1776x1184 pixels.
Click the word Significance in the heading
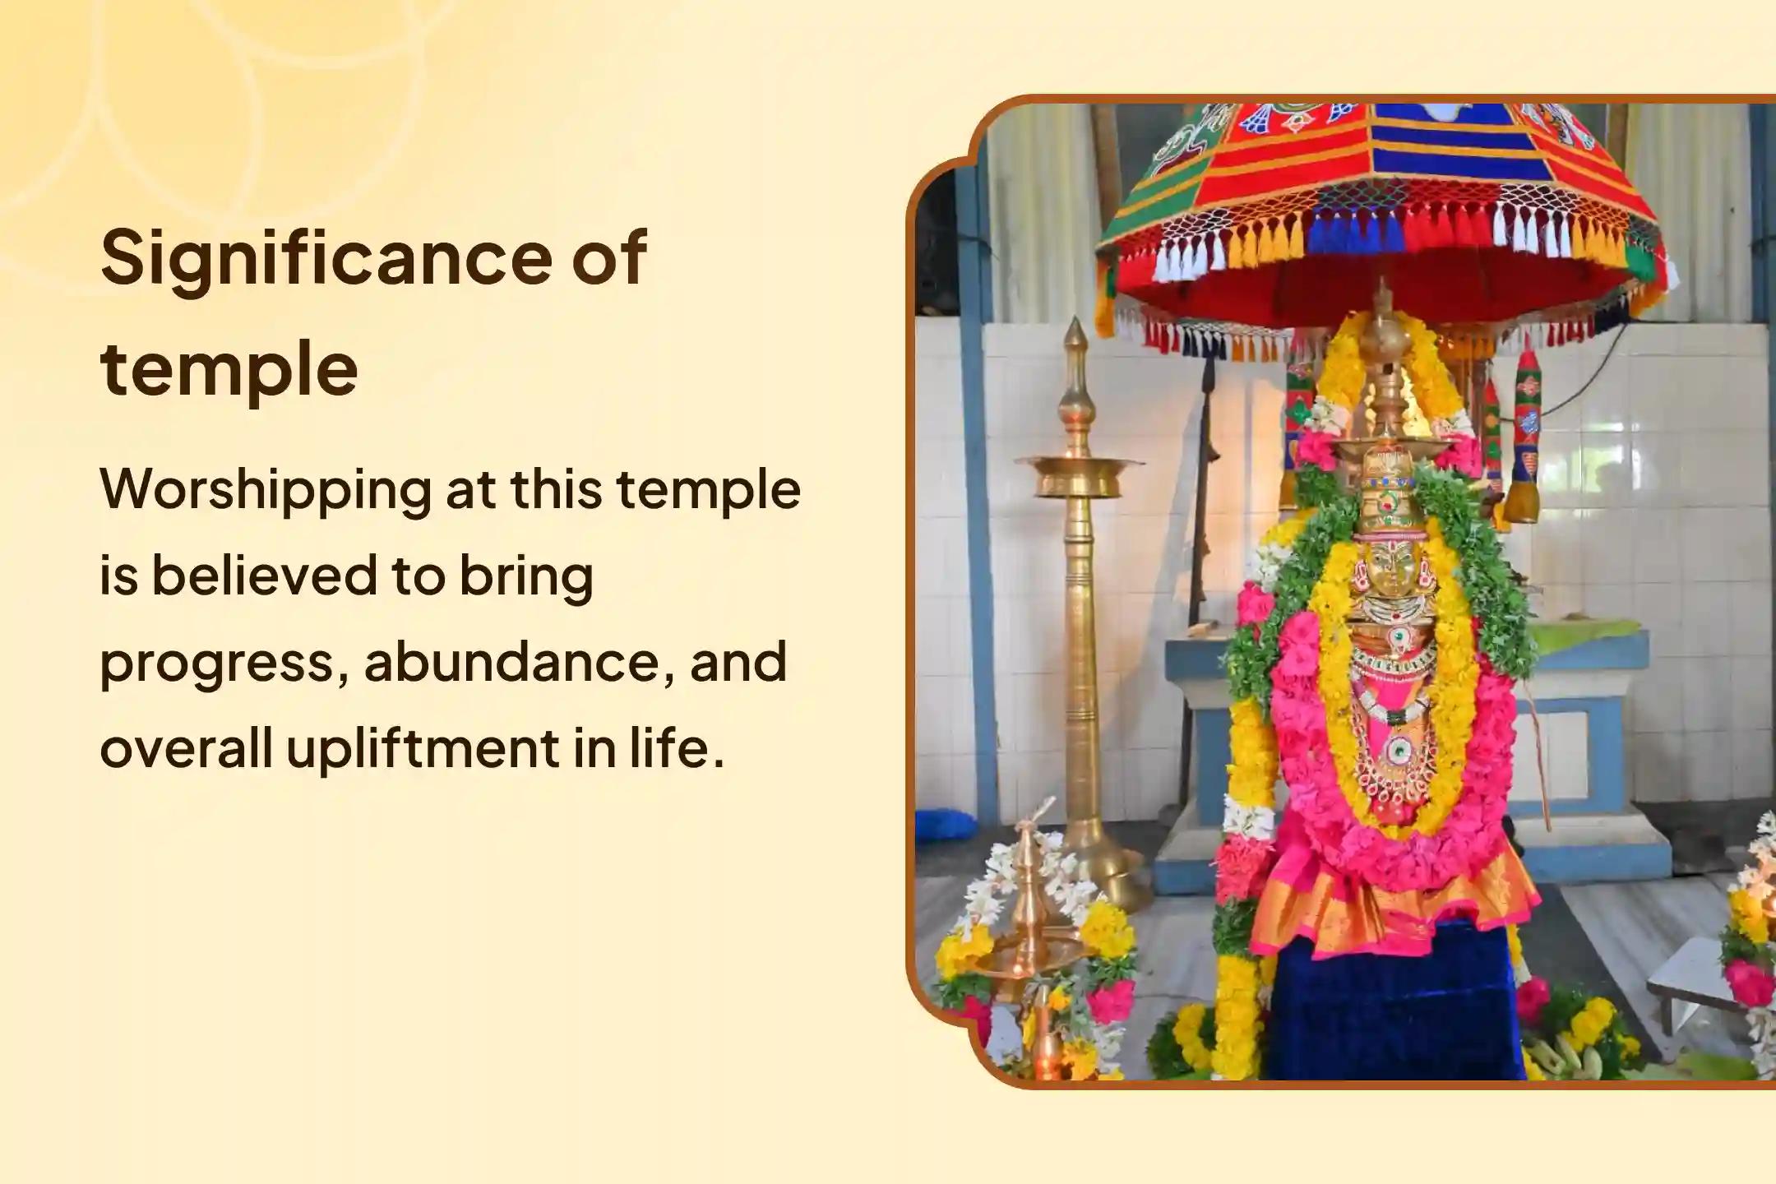coord(324,259)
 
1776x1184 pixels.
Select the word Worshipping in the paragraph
coord(265,490)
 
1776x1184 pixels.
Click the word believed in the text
coord(265,576)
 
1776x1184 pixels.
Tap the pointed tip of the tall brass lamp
coord(1074,333)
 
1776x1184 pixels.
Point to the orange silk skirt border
coord(1398,913)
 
